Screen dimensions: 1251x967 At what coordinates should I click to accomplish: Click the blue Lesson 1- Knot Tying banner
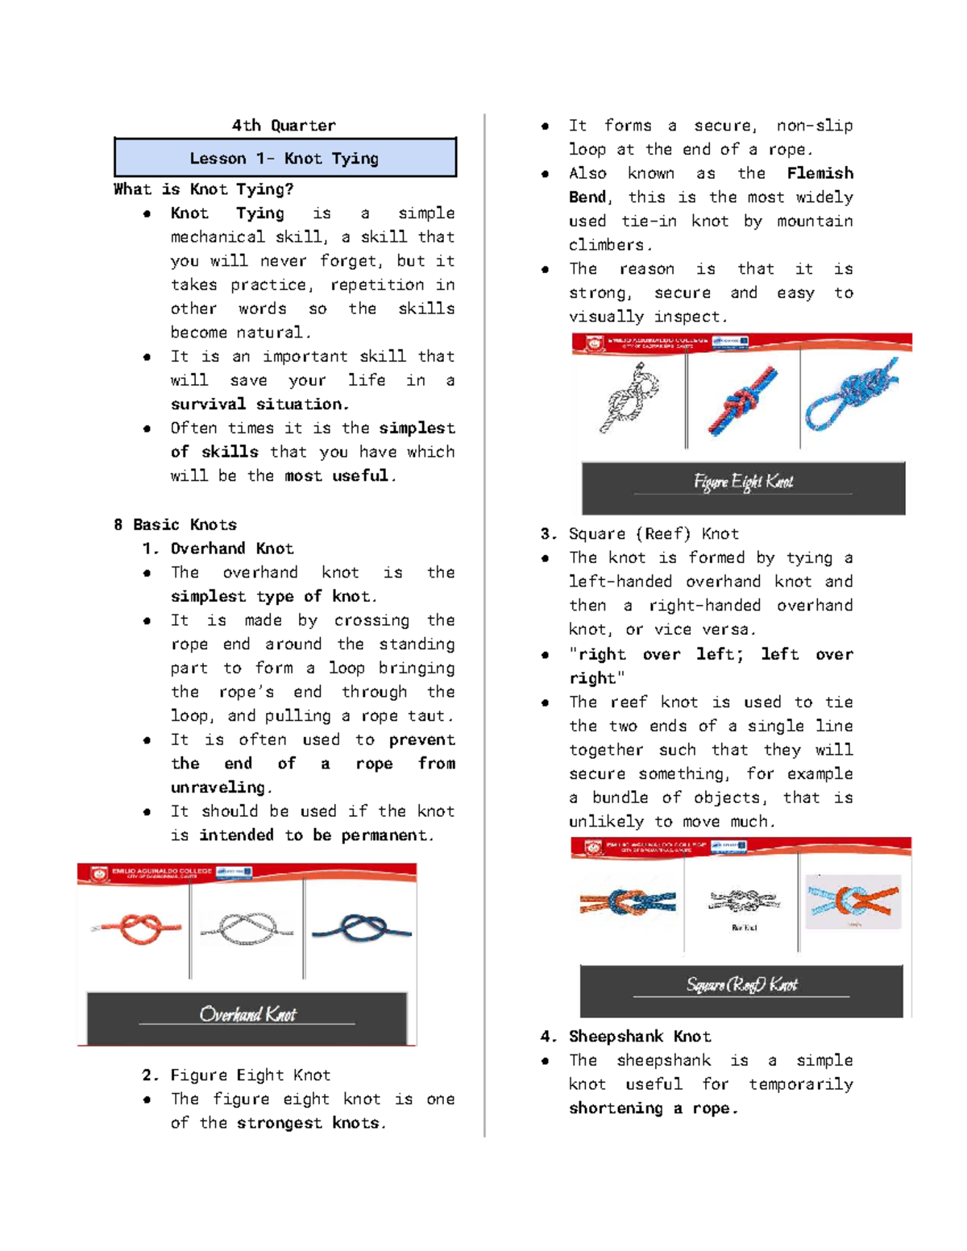[284, 158]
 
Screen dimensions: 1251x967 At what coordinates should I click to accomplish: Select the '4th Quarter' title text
[284, 125]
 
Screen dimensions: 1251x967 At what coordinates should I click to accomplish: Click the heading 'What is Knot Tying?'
[203, 189]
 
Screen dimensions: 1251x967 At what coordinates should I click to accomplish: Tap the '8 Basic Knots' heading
[175, 524]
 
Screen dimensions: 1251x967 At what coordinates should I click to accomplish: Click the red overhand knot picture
[135, 929]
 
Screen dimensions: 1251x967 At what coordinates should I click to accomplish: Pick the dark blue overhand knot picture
[362, 929]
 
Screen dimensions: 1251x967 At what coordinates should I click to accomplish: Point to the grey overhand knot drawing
[247, 929]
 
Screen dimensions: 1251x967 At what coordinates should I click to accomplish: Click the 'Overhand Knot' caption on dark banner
[247, 1014]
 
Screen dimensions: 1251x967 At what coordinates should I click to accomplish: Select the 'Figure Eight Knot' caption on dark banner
[743, 482]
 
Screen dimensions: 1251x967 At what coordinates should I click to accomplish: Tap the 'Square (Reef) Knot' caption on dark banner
[741, 984]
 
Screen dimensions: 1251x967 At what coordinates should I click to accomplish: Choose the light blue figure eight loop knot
[851, 395]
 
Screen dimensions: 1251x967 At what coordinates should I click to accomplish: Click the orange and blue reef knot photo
[628, 901]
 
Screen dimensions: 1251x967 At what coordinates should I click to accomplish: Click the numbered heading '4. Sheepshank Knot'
[626, 1036]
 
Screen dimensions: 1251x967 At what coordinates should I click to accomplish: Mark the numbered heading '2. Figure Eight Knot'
[236, 1075]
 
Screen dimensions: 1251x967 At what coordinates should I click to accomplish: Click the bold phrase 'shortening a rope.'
[653, 1108]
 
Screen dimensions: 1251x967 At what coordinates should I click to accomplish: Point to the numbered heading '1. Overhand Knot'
[218, 549]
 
